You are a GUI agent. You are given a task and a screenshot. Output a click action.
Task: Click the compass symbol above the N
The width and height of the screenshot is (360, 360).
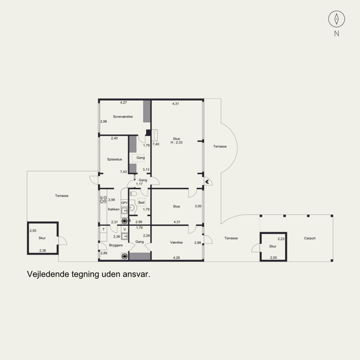336,19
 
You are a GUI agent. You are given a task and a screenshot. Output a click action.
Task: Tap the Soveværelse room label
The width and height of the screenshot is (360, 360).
123,117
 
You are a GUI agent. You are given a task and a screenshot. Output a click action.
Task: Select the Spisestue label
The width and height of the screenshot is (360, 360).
115,159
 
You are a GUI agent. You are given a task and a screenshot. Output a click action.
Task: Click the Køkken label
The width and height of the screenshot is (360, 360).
114,209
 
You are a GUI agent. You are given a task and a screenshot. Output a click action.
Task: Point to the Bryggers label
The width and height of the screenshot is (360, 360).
116,245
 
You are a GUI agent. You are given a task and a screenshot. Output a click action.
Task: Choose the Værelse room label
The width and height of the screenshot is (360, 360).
176,243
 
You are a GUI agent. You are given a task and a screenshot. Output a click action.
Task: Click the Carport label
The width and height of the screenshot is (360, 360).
310,238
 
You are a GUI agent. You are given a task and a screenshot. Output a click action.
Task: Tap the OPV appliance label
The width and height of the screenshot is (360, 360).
124,203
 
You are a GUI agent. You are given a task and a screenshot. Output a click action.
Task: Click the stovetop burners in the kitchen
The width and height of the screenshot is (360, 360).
103,199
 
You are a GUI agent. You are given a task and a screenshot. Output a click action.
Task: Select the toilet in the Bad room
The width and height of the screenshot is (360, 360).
133,193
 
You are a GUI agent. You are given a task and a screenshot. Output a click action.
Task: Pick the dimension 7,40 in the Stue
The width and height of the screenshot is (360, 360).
156,144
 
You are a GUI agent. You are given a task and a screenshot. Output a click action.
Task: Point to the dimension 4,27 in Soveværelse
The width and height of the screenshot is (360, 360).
123,103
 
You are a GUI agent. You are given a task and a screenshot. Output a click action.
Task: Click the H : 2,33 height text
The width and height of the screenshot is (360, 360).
176,142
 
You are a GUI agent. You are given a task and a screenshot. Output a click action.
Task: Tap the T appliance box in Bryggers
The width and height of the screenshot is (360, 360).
103,229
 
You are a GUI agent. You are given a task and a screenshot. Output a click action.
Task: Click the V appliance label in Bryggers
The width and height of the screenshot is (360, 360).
125,229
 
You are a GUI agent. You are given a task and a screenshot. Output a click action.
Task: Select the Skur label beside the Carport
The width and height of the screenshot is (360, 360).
273,246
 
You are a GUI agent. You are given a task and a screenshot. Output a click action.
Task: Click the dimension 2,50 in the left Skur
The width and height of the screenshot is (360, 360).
33,231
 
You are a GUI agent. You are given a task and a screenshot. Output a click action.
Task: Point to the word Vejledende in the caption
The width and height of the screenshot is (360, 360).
48,274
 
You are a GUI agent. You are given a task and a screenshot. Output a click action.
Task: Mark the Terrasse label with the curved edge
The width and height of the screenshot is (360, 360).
220,147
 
